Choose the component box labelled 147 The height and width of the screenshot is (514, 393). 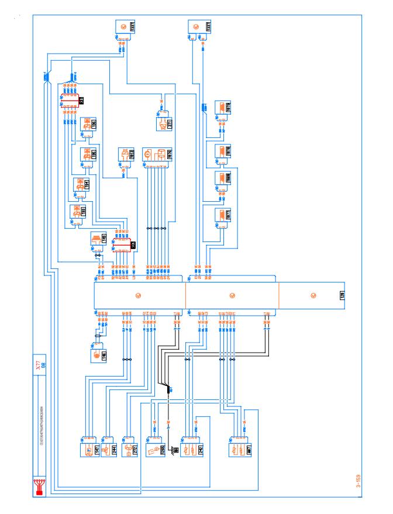point(89,449)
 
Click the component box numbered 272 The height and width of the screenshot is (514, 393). point(129,449)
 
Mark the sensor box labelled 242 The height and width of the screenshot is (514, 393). point(191,449)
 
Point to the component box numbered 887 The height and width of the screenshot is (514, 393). point(240,449)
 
